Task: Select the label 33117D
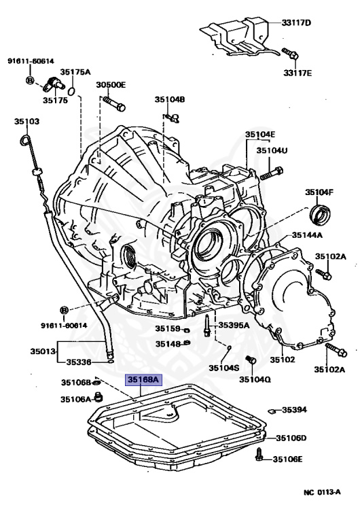(296, 23)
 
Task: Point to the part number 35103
(27, 122)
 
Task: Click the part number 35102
(283, 359)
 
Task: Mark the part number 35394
(295, 410)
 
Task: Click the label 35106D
(291, 438)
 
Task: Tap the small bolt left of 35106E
(259, 456)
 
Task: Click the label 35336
(77, 362)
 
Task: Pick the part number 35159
(167, 329)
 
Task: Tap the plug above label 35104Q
(249, 360)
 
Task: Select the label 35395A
(234, 325)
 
